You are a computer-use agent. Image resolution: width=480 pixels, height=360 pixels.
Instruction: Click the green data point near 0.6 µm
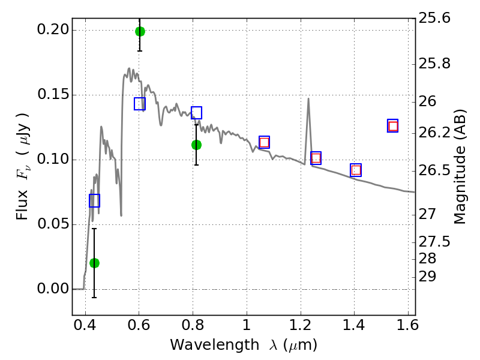(140, 31)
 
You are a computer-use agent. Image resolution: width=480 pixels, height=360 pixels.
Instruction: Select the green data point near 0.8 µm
(197, 145)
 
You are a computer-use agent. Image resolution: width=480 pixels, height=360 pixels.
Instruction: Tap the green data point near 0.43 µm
(94, 263)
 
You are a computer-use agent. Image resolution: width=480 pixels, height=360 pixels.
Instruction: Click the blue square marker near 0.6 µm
(140, 104)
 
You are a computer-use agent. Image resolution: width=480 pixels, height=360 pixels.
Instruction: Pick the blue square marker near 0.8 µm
(197, 113)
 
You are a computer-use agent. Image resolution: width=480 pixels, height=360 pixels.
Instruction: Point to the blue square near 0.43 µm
(94, 200)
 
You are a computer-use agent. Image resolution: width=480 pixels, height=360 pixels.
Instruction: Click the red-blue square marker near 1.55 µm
(393, 126)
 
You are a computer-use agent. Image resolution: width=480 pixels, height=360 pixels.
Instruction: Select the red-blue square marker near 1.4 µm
(356, 170)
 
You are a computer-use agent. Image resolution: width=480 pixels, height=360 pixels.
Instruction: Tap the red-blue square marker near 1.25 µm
(316, 158)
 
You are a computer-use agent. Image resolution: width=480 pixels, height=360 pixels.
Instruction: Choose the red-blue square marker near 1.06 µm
(264, 142)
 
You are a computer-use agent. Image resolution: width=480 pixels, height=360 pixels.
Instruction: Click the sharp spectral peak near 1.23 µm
(308, 98)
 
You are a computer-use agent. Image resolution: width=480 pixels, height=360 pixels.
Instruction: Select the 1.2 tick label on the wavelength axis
(301, 325)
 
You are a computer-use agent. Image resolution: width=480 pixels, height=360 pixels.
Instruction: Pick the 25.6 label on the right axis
(434, 18)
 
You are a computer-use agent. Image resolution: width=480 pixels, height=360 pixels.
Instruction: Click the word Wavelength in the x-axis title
(215, 345)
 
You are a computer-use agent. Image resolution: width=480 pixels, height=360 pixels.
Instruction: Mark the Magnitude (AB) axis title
(459, 167)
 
